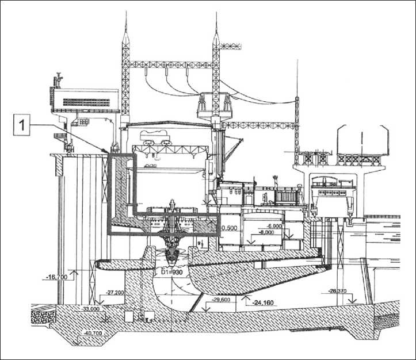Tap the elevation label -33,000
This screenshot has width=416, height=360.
pos(91,308)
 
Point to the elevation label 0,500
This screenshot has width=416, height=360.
pos(230,228)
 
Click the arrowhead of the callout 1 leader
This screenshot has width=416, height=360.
pos(108,152)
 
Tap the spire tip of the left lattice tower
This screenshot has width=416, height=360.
pos(124,14)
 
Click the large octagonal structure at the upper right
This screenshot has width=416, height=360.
pos(362,141)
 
